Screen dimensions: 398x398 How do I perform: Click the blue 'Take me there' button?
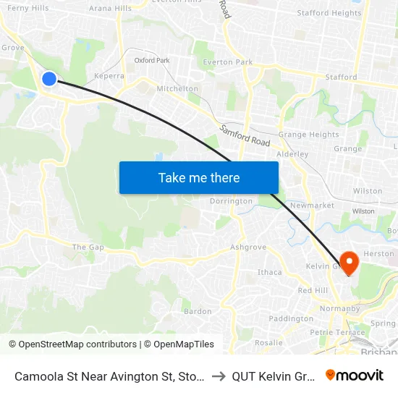point(199,177)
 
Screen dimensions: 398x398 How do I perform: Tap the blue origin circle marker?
point(49,78)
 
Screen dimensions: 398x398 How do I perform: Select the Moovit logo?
point(355,375)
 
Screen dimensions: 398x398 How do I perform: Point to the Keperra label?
point(109,75)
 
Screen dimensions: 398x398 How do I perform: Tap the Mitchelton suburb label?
point(177,88)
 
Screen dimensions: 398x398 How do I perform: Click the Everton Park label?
point(228,62)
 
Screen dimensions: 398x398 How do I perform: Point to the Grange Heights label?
point(308,135)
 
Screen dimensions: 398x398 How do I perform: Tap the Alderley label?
point(292,154)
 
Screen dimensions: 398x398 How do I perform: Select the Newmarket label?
point(312,206)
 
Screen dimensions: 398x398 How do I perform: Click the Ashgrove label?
point(248,247)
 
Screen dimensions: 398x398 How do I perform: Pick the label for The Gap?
point(88,247)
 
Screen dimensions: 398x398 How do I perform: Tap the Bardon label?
point(198,312)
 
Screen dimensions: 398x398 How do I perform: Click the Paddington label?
point(290,318)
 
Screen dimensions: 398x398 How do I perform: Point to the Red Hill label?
point(313,290)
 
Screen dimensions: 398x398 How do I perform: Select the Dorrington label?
point(231,201)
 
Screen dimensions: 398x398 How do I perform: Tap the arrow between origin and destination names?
point(219,376)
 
